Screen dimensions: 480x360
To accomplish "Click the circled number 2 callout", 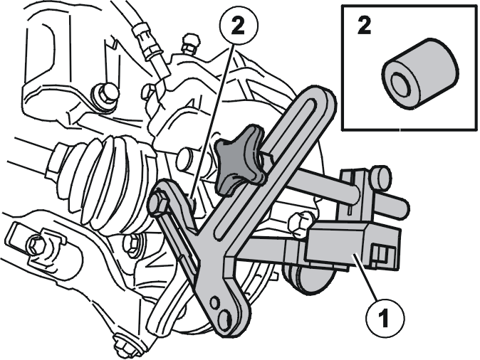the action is pyautogui.click(x=239, y=26).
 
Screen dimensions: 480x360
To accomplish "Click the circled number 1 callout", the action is pyautogui.click(x=384, y=318).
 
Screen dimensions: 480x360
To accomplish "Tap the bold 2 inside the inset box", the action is pyautogui.click(x=364, y=26).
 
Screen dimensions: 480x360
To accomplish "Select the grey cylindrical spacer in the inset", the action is pyautogui.click(x=420, y=73).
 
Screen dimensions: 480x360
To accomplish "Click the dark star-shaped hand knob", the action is pyautogui.click(x=240, y=159).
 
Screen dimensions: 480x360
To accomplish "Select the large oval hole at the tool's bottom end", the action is pyautogui.click(x=226, y=319).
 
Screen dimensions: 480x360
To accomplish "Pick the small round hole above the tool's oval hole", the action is pyautogui.click(x=215, y=302).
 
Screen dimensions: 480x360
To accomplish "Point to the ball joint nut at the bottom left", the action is pyautogui.click(x=122, y=345).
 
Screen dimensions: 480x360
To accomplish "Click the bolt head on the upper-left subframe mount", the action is pyautogui.click(x=105, y=94).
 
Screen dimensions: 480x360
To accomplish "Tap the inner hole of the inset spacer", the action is pyautogui.click(x=400, y=82).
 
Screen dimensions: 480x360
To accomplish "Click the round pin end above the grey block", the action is pyautogui.click(x=380, y=176).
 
